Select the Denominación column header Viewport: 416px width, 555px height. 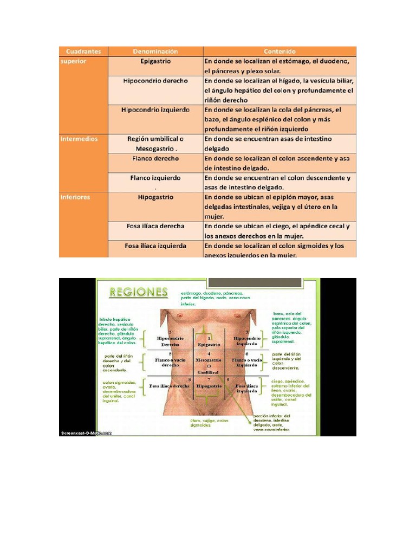click(x=155, y=51)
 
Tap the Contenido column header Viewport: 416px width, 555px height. click(x=279, y=51)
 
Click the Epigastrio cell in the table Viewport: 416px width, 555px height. click(x=155, y=62)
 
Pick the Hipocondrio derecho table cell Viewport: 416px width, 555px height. click(x=155, y=81)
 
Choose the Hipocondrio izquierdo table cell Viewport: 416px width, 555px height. click(x=155, y=109)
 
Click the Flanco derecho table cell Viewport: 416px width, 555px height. click(x=155, y=159)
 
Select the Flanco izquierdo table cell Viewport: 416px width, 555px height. click(x=155, y=178)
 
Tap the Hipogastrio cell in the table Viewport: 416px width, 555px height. click(x=155, y=197)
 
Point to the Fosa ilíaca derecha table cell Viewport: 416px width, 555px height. click(x=155, y=226)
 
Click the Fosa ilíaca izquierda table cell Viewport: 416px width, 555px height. click(x=155, y=246)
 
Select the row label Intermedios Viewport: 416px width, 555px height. click(x=79, y=139)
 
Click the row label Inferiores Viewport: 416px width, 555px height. click(x=76, y=197)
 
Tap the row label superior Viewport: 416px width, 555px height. click(x=73, y=62)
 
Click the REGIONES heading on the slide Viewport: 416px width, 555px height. click(x=138, y=292)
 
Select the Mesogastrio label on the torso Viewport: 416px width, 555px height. click(x=209, y=361)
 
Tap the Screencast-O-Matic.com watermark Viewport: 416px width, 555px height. click(x=86, y=433)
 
